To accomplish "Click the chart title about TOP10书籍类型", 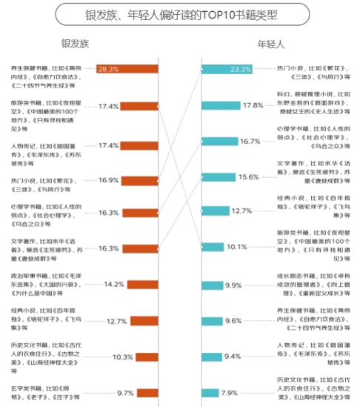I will coord(180,15).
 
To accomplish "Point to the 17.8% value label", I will coord(253,105).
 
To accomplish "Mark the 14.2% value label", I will coord(113,284).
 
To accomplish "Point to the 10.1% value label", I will coord(236,247).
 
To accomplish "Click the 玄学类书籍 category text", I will coord(44,392).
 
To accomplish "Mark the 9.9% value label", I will coord(233,285).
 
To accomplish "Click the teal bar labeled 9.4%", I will coord(212,356).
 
